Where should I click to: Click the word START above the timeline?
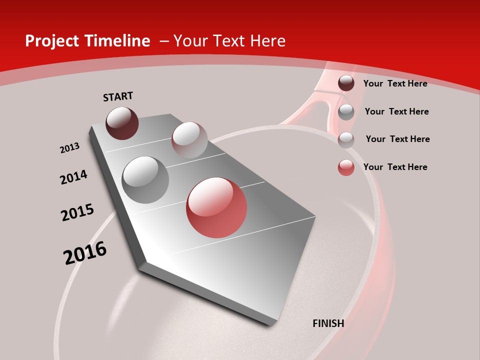118,96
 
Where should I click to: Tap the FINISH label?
328,323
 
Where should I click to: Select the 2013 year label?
69,147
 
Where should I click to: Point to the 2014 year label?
73,177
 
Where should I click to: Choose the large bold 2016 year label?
85,253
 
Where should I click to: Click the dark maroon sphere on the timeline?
122,123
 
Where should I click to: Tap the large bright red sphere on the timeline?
216,207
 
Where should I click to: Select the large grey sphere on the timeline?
145,179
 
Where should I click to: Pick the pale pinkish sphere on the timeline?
189,139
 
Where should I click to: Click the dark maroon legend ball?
346,83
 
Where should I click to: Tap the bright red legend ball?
346,167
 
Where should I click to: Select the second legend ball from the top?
346,112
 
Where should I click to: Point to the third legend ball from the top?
346,140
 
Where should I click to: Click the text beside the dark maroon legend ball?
395,83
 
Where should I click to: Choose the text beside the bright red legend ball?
395,167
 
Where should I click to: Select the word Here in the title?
268,41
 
